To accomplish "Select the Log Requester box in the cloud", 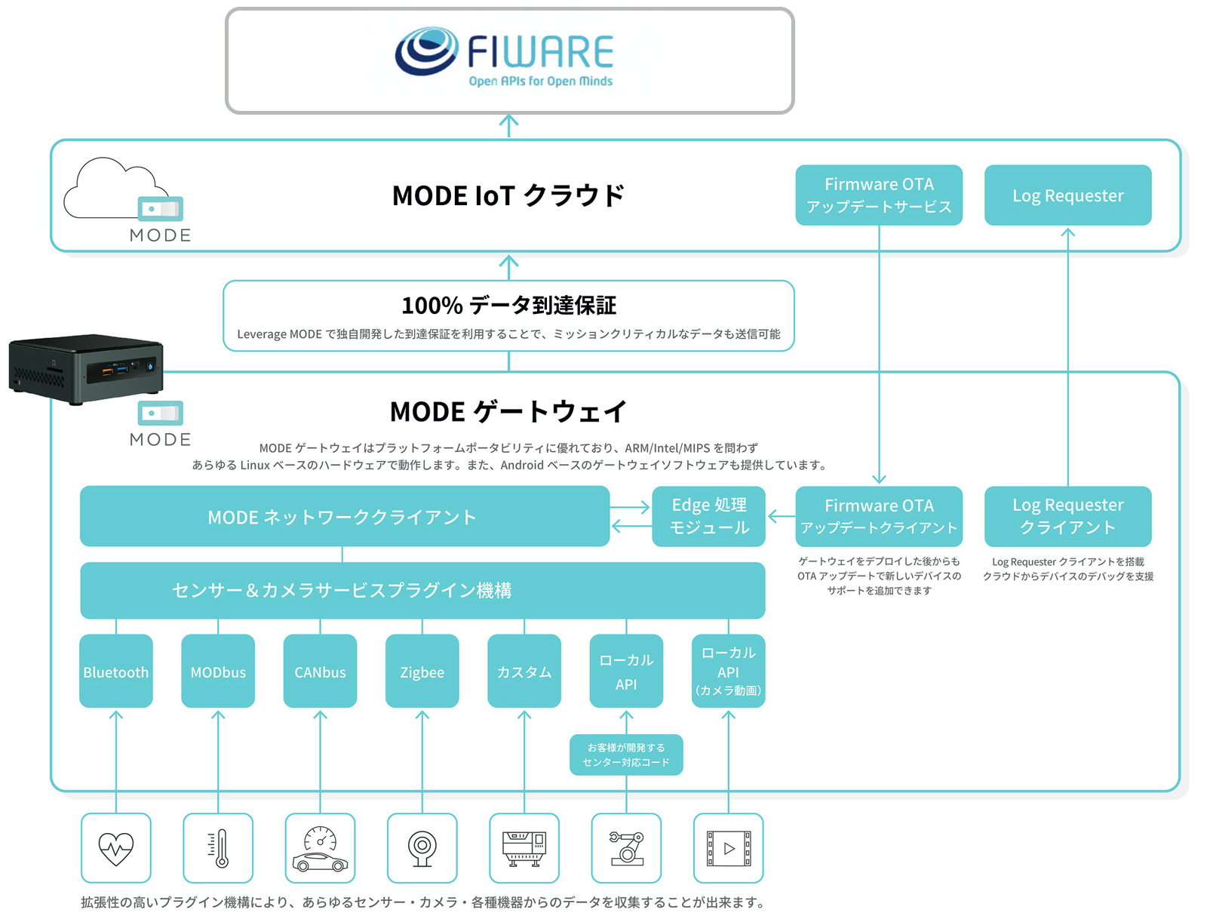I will point(1067,195).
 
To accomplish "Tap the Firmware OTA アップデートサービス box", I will point(879,195).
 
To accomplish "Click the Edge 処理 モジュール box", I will point(708,516).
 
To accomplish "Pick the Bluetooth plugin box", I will point(116,671).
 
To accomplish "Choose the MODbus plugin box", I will point(218,671).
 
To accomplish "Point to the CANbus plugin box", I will point(320,671).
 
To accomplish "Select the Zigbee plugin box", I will point(422,671).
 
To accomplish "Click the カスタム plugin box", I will point(524,671).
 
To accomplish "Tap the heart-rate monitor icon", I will point(116,848).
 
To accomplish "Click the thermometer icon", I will point(218,848).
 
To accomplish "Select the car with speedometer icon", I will point(320,848).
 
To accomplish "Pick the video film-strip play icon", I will point(728,848).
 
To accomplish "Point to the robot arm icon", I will point(626,848).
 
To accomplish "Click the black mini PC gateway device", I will point(86,369).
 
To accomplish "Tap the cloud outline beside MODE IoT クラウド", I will point(113,189).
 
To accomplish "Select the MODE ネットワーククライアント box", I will point(344,516).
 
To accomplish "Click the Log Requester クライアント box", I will point(1067,516).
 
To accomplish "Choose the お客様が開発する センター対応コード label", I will point(626,755).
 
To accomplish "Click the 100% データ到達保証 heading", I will point(508,306).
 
